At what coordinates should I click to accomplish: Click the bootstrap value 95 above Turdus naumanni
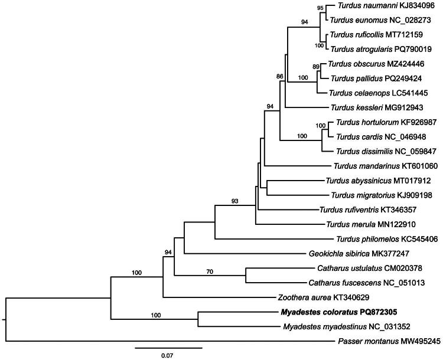321,8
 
